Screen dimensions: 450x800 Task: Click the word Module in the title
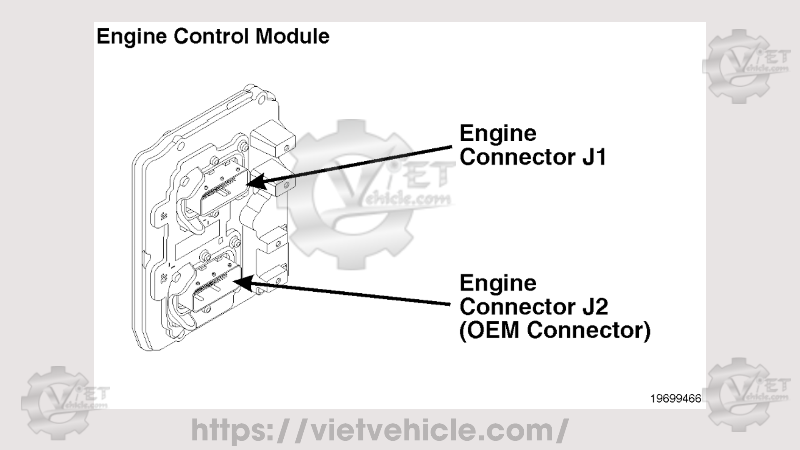tap(292, 36)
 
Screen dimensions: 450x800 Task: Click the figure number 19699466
tap(675, 399)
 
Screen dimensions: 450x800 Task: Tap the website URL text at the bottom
tap(379, 430)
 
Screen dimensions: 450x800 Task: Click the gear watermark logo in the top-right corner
tap(745, 66)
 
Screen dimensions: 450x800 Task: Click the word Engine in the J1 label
tap(498, 133)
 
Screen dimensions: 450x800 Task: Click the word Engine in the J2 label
tap(498, 283)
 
